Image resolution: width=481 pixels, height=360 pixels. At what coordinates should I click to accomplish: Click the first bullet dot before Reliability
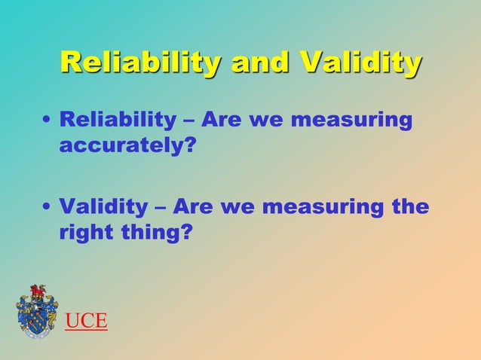point(47,121)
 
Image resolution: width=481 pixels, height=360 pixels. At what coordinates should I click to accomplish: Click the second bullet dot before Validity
point(47,207)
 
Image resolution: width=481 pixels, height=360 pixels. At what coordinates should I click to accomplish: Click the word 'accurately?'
point(121,146)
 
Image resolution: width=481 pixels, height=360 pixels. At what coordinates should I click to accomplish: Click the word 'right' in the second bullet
point(84,233)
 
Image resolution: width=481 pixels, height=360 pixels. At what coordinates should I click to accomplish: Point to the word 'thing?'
point(154,233)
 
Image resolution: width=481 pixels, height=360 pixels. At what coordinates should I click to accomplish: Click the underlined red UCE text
point(86,322)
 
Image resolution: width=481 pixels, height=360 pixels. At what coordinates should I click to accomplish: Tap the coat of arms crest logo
point(37,310)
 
